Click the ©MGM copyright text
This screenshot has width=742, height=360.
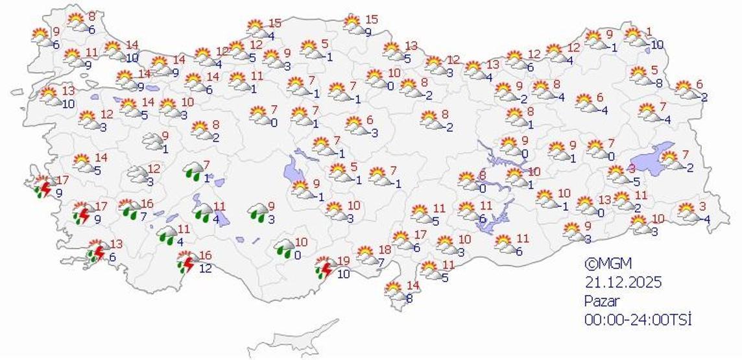(607, 264)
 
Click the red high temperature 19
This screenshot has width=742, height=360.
(343, 260)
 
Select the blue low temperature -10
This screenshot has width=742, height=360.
(657, 45)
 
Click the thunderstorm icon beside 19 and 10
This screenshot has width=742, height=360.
(324, 267)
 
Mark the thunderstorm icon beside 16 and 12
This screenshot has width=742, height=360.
(187, 263)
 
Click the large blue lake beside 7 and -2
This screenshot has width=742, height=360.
(651, 157)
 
